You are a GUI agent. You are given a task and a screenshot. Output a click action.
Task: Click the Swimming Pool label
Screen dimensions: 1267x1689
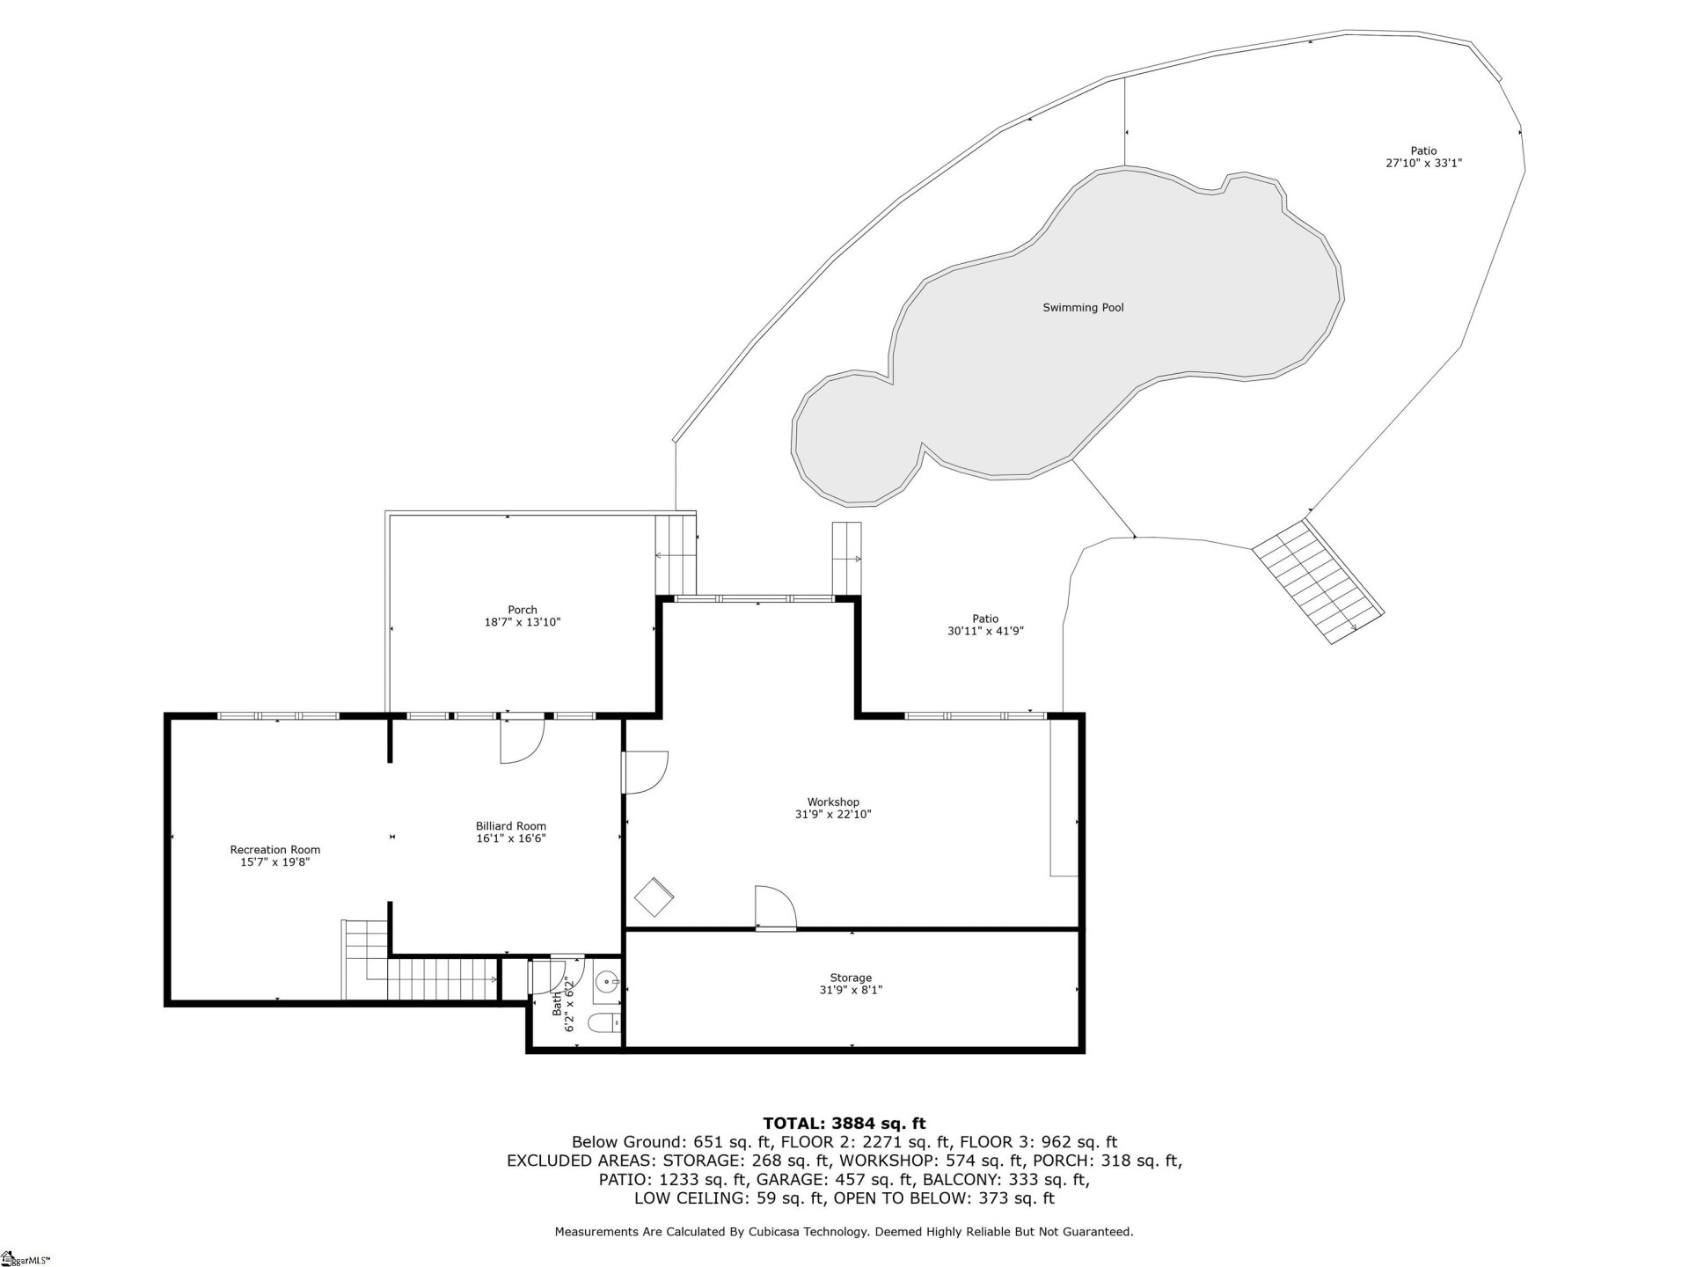tap(1083, 308)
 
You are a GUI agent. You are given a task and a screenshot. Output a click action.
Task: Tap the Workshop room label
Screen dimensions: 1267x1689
tap(833, 802)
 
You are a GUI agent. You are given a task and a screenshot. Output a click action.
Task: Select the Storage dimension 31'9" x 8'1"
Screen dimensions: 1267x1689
tap(851, 990)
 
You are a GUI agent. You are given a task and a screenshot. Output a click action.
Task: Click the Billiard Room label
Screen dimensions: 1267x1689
tap(511, 826)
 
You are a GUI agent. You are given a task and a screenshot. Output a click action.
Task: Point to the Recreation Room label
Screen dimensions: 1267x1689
tap(275, 850)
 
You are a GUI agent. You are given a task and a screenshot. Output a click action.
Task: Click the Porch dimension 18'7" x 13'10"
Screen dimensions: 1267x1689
tap(523, 622)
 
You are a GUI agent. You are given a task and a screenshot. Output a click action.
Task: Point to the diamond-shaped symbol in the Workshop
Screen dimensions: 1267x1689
tap(654, 897)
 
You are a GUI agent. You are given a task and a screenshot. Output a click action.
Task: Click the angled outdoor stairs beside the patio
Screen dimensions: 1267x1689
tap(1317, 582)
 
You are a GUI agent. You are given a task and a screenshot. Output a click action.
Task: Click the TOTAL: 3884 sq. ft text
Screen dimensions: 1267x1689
tap(844, 1123)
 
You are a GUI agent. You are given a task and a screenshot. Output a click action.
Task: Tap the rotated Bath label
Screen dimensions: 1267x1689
tap(557, 1004)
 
